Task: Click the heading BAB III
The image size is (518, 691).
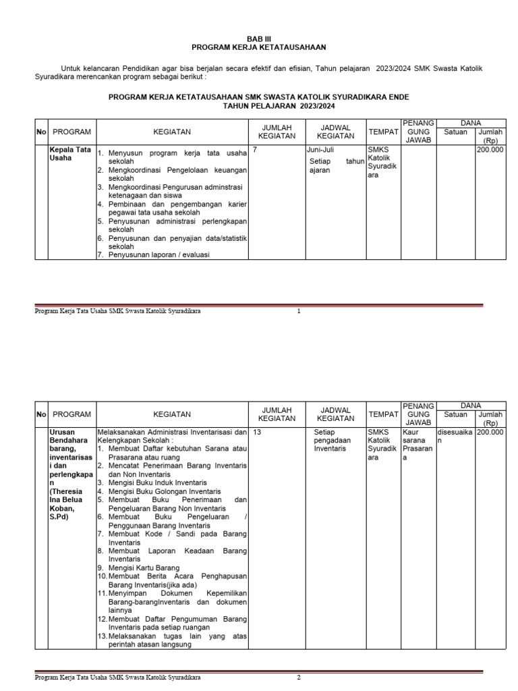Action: pos(258,39)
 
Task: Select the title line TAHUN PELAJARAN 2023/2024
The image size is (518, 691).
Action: pos(279,106)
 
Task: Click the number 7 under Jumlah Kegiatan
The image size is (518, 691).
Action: pos(254,150)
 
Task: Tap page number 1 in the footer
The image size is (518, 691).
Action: pos(298,311)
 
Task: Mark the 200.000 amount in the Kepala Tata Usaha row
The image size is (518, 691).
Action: pos(490,150)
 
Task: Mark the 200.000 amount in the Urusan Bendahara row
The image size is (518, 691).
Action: pos(490,431)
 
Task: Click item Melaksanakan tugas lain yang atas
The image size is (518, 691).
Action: pos(177,636)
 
